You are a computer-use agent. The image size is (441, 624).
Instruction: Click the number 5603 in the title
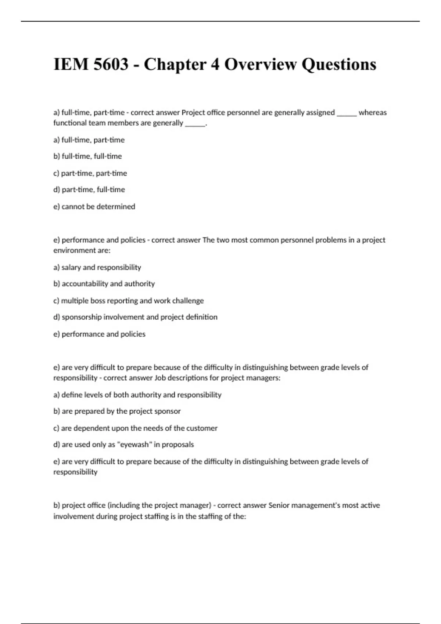click(111, 65)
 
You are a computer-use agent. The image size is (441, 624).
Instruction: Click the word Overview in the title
click(260, 65)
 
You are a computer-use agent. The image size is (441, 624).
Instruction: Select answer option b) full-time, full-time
click(87, 156)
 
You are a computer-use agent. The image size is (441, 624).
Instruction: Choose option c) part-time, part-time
click(90, 173)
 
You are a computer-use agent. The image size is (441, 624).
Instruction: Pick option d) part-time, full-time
click(89, 190)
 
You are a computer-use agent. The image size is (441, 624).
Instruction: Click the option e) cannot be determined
click(94, 207)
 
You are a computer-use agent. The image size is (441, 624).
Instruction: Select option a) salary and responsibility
click(97, 267)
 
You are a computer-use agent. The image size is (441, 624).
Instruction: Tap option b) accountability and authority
click(104, 284)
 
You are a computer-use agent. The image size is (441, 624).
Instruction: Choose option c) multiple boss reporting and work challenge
click(128, 301)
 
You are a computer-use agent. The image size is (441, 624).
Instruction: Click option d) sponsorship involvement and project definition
click(135, 317)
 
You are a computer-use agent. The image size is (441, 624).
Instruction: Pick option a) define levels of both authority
click(137, 395)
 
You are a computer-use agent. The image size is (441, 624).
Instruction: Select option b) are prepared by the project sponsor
click(117, 411)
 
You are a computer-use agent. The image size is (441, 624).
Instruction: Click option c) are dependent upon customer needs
click(135, 428)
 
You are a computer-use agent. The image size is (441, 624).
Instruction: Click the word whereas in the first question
click(372, 113)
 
